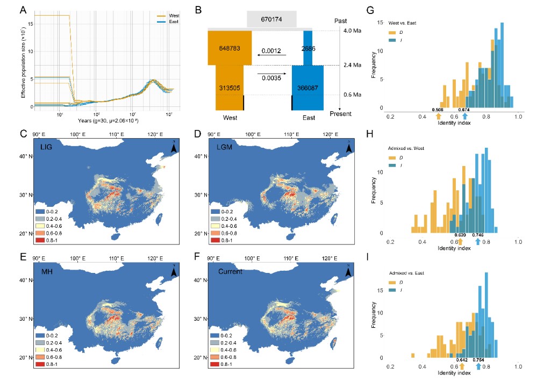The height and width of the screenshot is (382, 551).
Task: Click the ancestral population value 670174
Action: point(271,19)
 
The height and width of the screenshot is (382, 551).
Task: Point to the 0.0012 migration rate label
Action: point(271,52)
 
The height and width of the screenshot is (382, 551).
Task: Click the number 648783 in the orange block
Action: point(230,48)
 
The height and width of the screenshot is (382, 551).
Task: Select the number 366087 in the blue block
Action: point(307,87)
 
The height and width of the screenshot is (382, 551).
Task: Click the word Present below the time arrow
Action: point(341,114)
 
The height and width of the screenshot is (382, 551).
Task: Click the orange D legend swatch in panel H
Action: point(392,157)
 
